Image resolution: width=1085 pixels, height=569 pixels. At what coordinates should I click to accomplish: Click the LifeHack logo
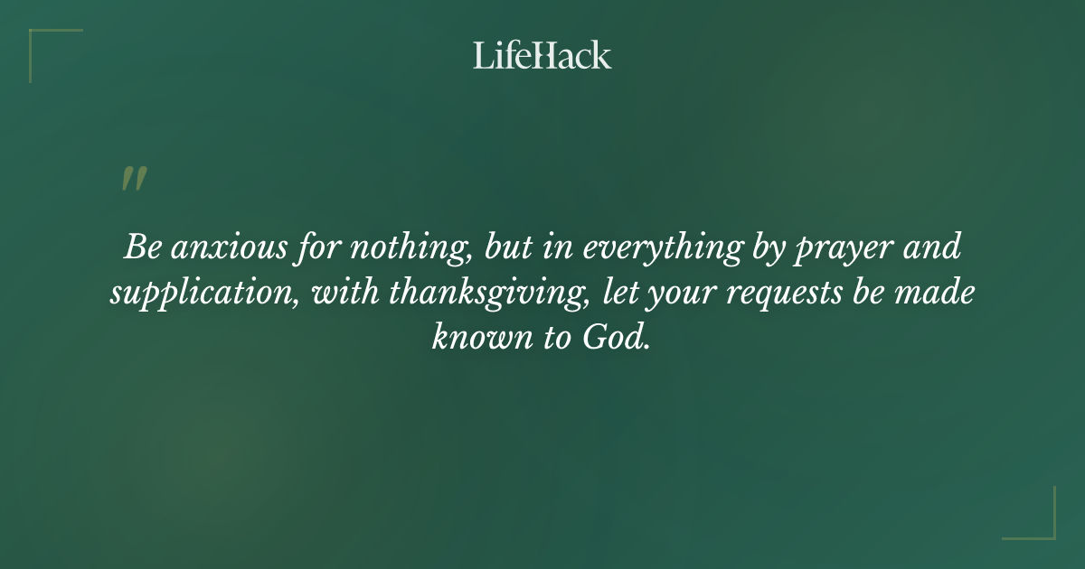[x=542, y=55]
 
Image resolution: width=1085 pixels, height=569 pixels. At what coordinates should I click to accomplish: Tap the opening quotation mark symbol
[x=134, y=179]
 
